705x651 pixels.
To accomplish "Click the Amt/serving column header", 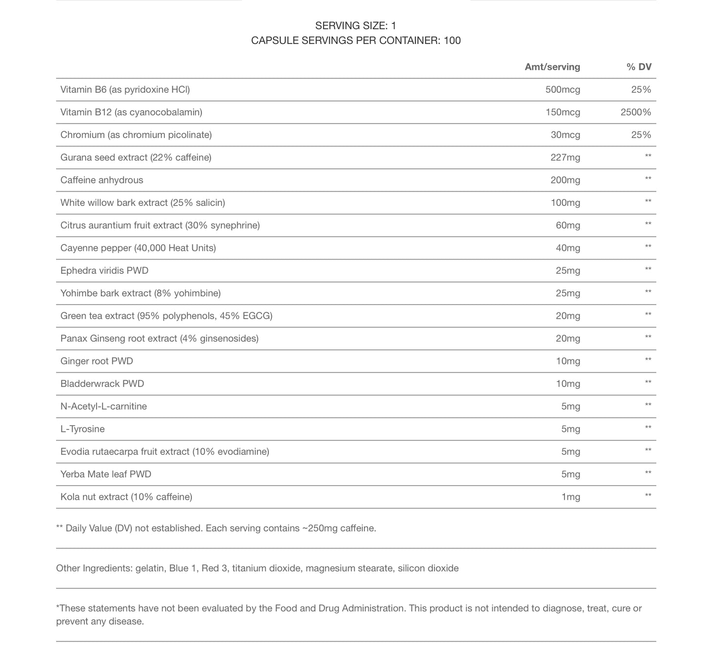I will point(552,67).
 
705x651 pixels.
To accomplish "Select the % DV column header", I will point(639,67).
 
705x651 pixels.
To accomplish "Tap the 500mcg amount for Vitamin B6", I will point(563,89).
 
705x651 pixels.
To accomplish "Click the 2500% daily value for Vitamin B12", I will point(635,112).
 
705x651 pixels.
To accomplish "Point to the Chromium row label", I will point(136,135).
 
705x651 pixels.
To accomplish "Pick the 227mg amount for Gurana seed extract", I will point(565,157).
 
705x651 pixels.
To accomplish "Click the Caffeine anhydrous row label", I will point(101,180).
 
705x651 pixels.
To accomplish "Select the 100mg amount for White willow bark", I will point(565,203).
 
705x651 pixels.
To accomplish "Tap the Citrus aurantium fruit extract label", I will point(160,225).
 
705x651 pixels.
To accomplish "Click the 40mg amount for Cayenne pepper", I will point(568,248).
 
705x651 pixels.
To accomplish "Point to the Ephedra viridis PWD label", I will point(104,270).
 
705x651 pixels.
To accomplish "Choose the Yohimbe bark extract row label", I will point(141,293).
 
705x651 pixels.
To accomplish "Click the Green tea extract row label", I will point(166,316).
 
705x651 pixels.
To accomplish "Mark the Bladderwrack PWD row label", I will point(102,384).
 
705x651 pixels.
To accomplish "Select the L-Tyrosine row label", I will point(82,429).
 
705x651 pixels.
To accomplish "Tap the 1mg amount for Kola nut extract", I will point(570,497).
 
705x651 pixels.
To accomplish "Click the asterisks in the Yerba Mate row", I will point(648,473).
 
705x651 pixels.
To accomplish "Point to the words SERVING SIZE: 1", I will point(356,26).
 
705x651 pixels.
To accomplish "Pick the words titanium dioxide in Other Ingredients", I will point(266,568).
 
